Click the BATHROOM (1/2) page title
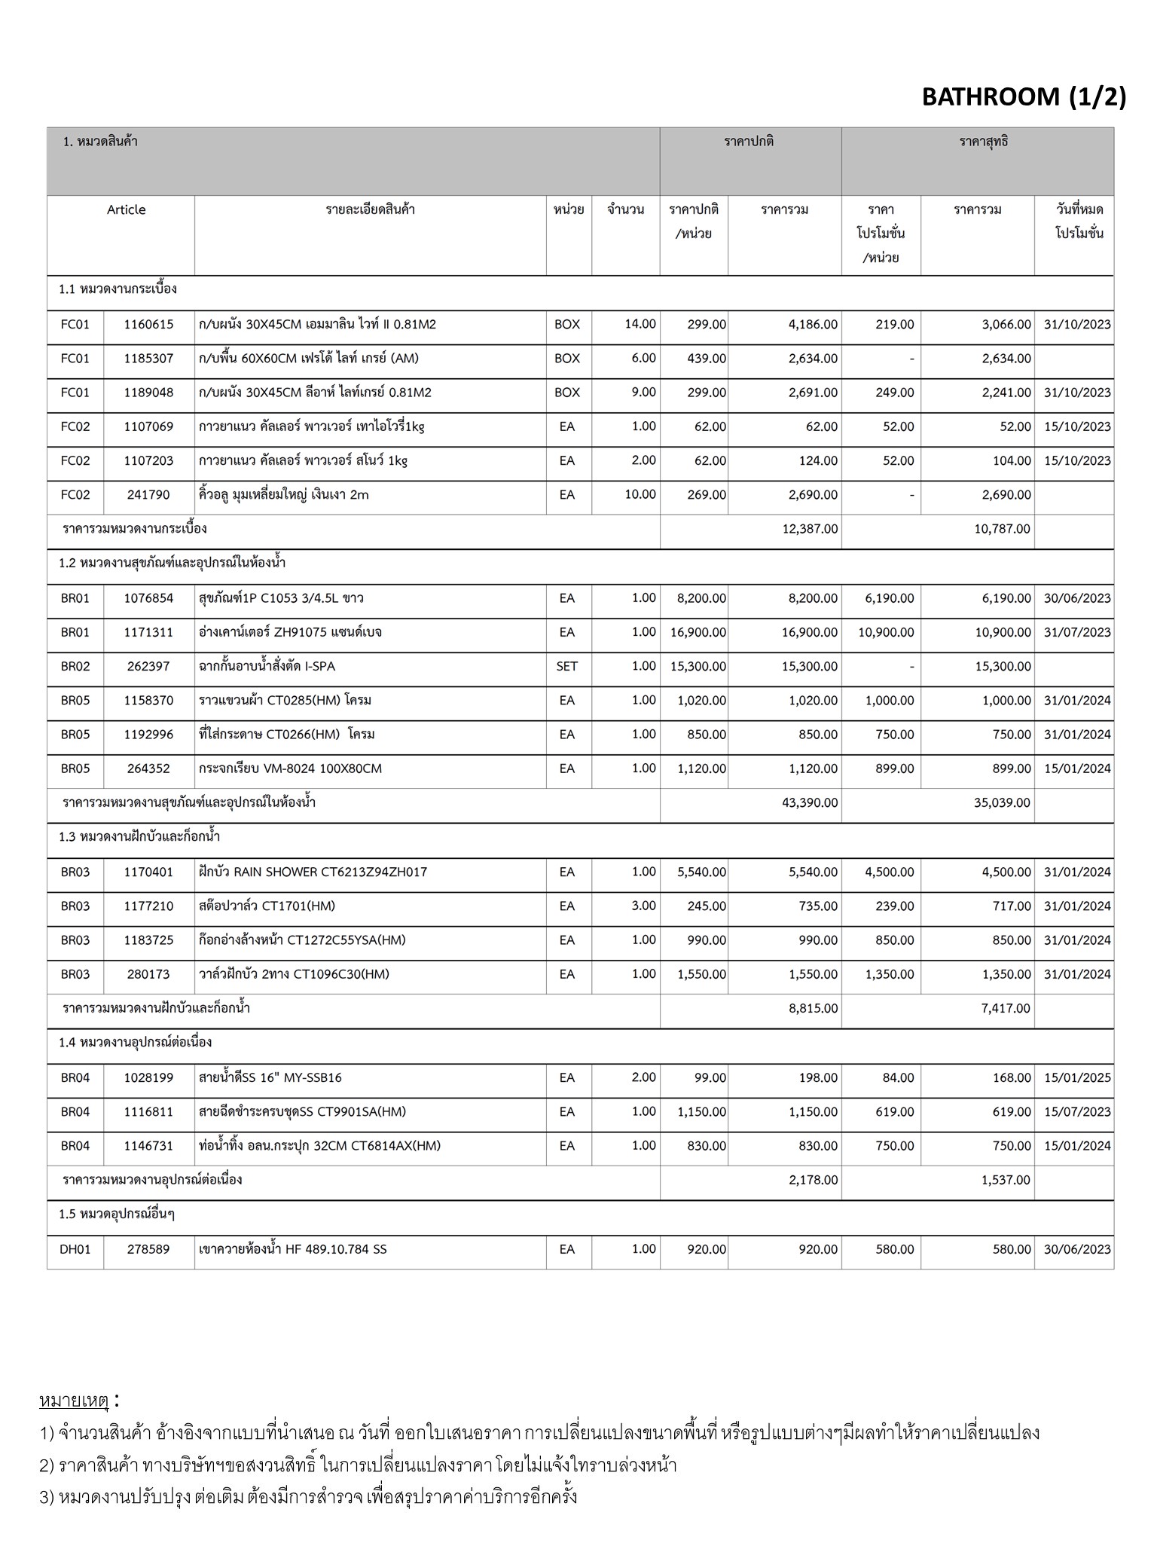point(1024,97)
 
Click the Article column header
point(126,210)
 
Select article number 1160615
point(148,325)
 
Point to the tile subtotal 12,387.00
point(810,529)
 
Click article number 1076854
point(148,598)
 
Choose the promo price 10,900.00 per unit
point(886,632)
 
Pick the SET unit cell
point(567,667)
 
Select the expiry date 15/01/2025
point(1077,1078)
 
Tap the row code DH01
point(75,1249)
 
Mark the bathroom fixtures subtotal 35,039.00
point(1002,803)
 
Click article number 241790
point(148,495)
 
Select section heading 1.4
point(135,1043)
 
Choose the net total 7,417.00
point(1006,1009)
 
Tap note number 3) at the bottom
point(47,1496)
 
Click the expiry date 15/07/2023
point(1077,1112)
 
